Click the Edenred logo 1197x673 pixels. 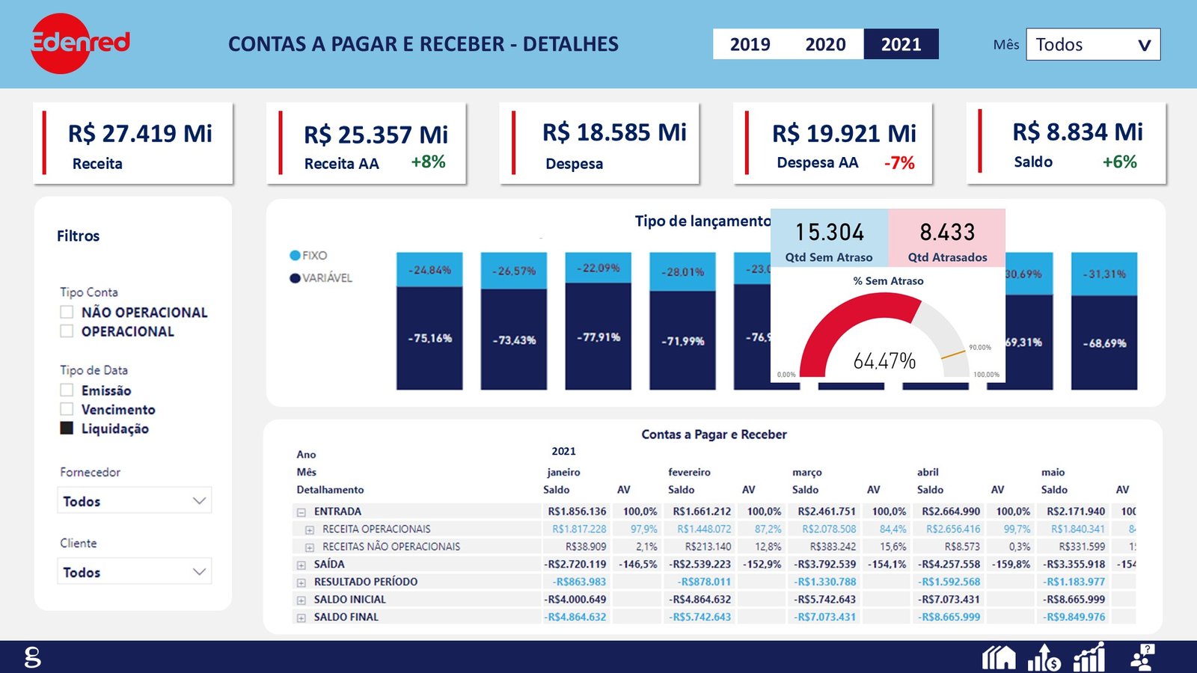click(x=79, y=43)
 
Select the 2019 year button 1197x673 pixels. click(x=750, y=44)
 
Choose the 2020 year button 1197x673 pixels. click(x=825, y=44)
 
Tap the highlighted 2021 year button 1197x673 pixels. click(x=901, y=44)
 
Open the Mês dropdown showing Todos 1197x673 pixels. click(x=1093, y=44)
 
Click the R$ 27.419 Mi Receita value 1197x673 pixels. click(x=140, y=133)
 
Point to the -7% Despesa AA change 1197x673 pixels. click(x=899, y=163)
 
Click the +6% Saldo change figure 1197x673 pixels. click(x=1119, y=162)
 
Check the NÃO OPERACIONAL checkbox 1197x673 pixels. click(x=67, y=312)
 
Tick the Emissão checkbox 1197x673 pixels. click(x=67, y=390)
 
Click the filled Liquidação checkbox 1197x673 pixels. click(x=67, y=428)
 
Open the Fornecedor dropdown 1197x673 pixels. click(x=134, y=501)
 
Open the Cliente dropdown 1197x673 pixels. click(x=134, y=572)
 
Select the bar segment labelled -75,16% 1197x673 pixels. click(x=429, y=338)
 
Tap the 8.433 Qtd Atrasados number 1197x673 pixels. click(x=947, y=233)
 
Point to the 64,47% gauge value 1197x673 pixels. click(x=884, y=361)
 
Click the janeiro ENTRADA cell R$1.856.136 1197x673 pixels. click(x=577, y=511)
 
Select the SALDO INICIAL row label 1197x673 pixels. click(x=349, y=599)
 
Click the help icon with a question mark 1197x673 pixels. click(x=1142, y=657)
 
